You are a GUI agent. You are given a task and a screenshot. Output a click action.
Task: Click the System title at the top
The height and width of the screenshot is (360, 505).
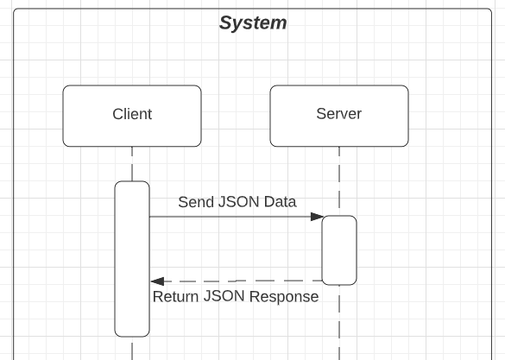coord(252,22)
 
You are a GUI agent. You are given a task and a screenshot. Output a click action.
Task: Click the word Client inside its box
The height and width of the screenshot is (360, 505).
coord(132,114)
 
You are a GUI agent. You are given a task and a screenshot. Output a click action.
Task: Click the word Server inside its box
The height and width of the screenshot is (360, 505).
coord(338,114)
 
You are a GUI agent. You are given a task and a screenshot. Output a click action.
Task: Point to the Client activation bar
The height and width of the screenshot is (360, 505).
coord(132,259)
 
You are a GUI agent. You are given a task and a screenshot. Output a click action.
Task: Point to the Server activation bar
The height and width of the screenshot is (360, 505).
coord(339,249)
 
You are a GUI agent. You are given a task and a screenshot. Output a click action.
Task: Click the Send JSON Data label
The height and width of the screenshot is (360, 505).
coord(237,202)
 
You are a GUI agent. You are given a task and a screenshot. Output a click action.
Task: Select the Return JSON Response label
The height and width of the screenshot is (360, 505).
coord(236,297)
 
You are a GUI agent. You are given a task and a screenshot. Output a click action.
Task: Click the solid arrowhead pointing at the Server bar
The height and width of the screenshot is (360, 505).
coord(317,217)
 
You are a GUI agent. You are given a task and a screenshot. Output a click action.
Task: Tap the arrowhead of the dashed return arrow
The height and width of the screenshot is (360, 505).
coord(157,281)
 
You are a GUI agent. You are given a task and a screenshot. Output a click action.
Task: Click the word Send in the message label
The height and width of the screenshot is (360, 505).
coord(195,202)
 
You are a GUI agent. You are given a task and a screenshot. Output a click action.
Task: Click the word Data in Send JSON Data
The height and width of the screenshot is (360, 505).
coord(281,202)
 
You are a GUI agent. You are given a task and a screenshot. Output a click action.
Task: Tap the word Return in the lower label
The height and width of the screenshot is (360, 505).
coord(176,297)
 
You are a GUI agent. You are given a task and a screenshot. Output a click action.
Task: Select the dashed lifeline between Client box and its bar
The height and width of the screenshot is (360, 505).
coord(132,164)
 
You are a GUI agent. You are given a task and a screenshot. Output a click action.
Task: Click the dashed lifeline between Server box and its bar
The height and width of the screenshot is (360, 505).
coord(339,181)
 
